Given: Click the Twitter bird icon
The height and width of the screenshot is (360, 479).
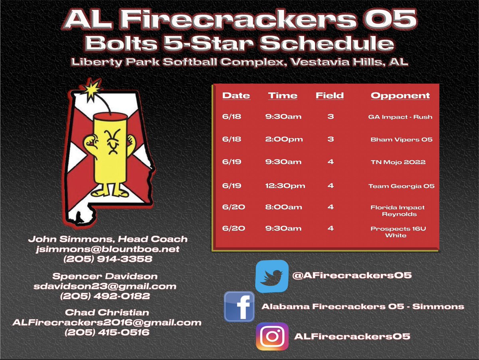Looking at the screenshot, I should [x=271, y=276].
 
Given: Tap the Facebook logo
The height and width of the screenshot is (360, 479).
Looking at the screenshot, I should [x=239, y=306].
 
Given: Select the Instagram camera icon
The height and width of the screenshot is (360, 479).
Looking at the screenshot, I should [x=272, y=336].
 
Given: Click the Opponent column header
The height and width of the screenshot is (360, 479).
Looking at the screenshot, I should [x=400, y=95].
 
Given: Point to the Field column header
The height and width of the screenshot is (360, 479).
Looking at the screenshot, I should [x=329, y=95].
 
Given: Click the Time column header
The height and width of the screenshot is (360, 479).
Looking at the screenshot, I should [x=283, y=95].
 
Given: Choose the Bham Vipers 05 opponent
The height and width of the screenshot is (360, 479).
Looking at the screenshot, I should [x=401, y=139].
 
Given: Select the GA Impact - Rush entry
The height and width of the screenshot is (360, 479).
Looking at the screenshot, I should [x=400, y=117].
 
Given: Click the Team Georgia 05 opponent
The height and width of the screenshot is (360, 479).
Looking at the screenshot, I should [x=401, y=186].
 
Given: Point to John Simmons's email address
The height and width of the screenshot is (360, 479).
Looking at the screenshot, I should [x=107, y=249].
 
